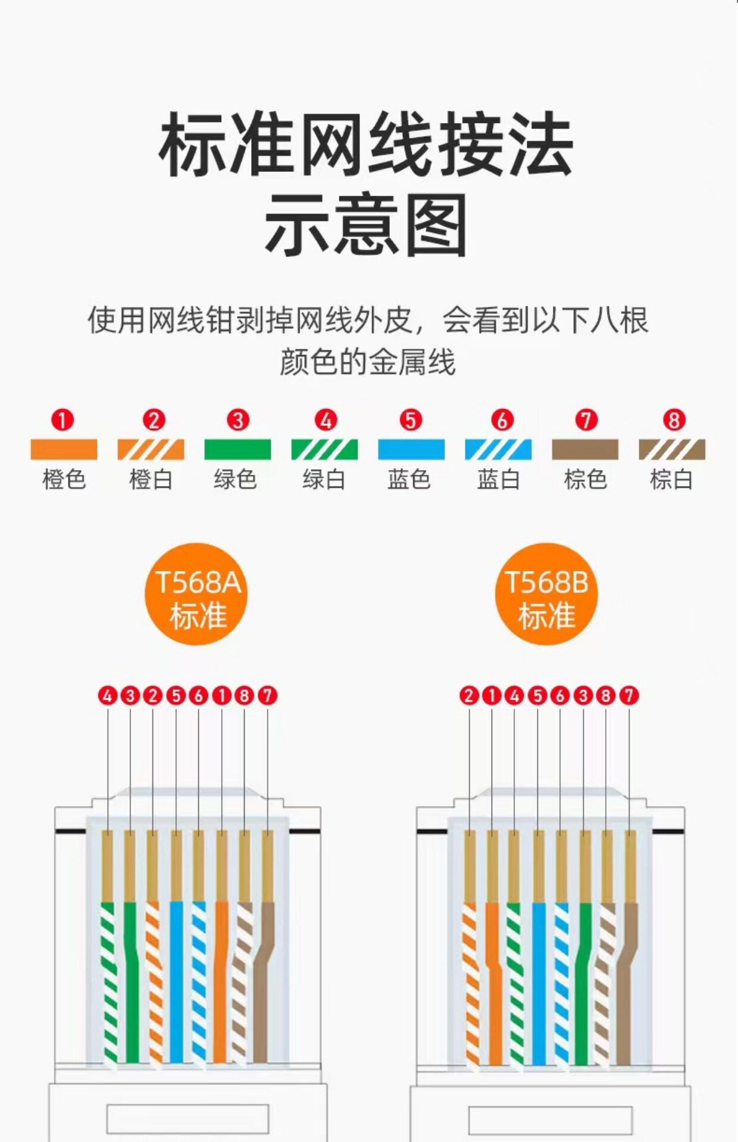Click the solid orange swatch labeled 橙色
pyautogui.click(x=64, y=449)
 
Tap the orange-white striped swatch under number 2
pyautogui.click(x=151, y=449)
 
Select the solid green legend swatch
pyautogui.click(x=237, y=449)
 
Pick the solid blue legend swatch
pyautogui.click(x=411, y=449)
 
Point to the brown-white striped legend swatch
pyautogui.click(x=672, y=449)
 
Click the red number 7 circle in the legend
pyautogui.click(x=586, y=420)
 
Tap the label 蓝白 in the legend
pyautogui.click(x=499, y=479)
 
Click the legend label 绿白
pyautogui.click(x=324, y=479)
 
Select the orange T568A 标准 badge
pyautogui.click(x=196, y=594)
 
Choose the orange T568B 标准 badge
pyautogui.click(x=546, y=594)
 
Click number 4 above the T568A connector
pyautogui.click(x=108, y=695)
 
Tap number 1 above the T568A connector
pyautogui.click(x=221, y=695)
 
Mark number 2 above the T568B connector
pyautogui.click(x=469, y=695)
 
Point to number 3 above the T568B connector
pyautogui.click(x=583, y=695)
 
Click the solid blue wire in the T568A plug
pyautogui.click(x=176, y=981)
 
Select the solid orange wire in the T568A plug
pyautogui.click(x=221, y=981)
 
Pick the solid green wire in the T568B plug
pyautogui.click(x=583, y=981)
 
